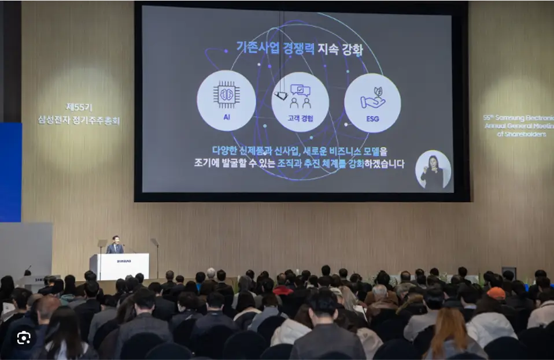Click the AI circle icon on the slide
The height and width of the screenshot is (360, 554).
point(226,101)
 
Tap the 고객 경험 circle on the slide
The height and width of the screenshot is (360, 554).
point(300,102)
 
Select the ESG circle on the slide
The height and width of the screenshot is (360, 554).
point(372,102)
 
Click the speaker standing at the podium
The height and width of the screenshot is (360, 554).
point(116,245)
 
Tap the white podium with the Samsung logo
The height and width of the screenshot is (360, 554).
point(120,266)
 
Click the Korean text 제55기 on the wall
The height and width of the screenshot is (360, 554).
point(79,107)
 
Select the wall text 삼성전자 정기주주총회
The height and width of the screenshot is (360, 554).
point(79,120)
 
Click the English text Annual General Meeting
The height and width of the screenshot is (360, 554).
point(518,125)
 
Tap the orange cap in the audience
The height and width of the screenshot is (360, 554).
point(496,293)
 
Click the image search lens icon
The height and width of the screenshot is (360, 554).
point(24,338)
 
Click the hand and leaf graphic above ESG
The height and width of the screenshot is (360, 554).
point(372,98)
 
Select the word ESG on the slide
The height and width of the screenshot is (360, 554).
point(372,119)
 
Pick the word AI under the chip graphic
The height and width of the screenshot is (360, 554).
point(226,116)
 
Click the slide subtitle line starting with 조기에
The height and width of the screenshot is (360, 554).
point(299,164)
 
